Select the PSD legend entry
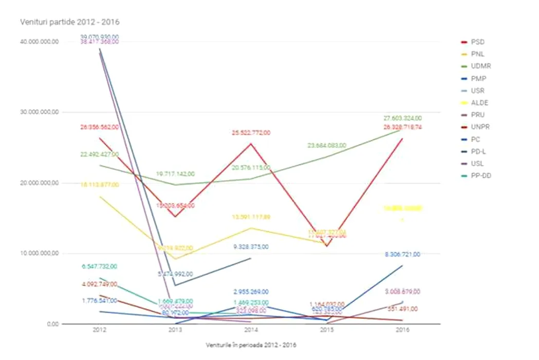coord(477,42)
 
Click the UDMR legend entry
coord(480,66)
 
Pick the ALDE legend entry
coord(479,103)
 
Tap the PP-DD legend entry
coord(481,176)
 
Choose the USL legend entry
coord(477,164)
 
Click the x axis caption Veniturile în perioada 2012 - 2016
coord(251,345)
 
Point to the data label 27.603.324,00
coord(402,118)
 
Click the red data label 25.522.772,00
coord(251,133)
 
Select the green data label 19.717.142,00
coord(175,174)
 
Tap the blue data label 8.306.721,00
coord(402,254)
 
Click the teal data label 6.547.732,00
coord(99,266)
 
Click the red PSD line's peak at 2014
coord(251,143)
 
